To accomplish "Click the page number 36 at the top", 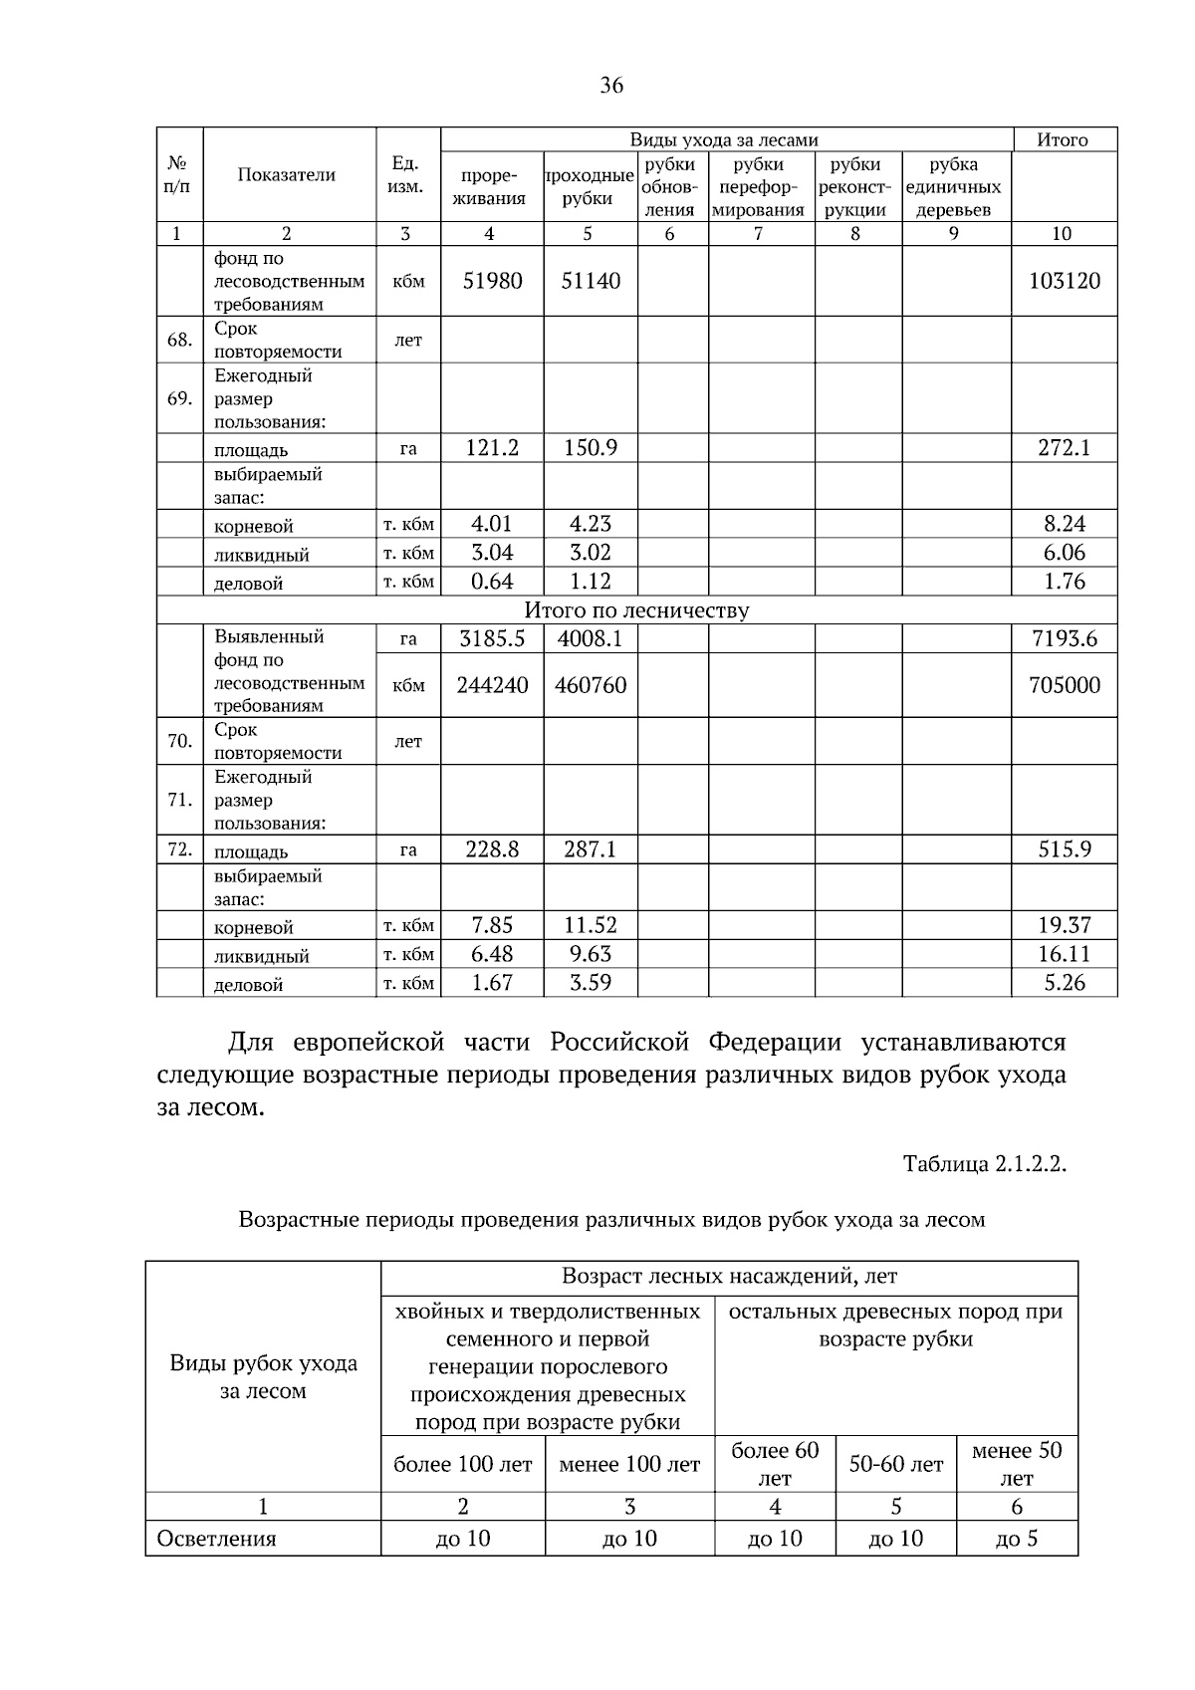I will pos(611,86).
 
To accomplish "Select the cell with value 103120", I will pos(1064,281).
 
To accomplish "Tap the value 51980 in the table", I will pos(492,281).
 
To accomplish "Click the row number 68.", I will pos(179,341).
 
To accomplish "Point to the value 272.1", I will pos(1064,448).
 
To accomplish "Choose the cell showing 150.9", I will pos(590,448).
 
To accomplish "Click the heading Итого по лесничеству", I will pos(636,610).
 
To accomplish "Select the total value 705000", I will pos(1064,685).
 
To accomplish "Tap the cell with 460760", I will pos(590,685).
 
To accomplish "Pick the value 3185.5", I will pos(492,639).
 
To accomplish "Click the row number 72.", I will pos(179,850).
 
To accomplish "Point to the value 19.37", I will pos(1064,925).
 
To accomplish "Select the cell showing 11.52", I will pos(590,925).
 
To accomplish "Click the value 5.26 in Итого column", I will pos(1064,983).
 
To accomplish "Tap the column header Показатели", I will pos(287,175).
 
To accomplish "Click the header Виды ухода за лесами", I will pos(724,140).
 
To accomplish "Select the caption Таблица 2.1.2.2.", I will pos(984,1164).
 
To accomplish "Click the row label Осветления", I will pos(217,1539).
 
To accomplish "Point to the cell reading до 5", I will pos(1016,1539).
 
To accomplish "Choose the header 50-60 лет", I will pos(895,1465).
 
